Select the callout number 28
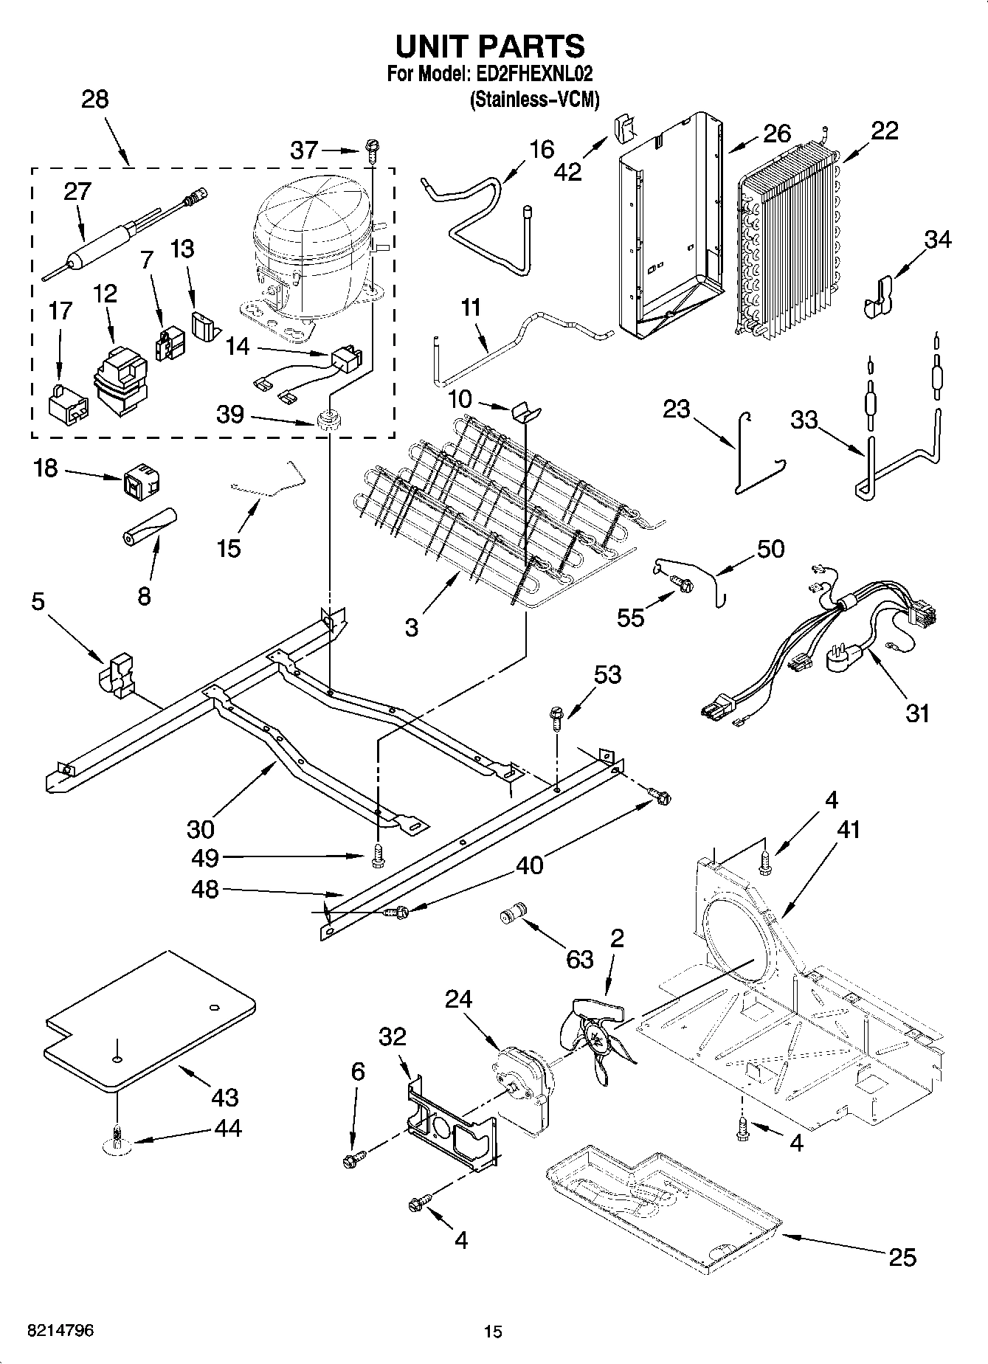(x=94, y=100)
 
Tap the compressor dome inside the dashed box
(x=310, y=221)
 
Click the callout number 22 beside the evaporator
(x=884, y=131)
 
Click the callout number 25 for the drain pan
(x=902, y=1256)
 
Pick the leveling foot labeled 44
(x=117, y=1140)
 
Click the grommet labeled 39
(x=327, y=422)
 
